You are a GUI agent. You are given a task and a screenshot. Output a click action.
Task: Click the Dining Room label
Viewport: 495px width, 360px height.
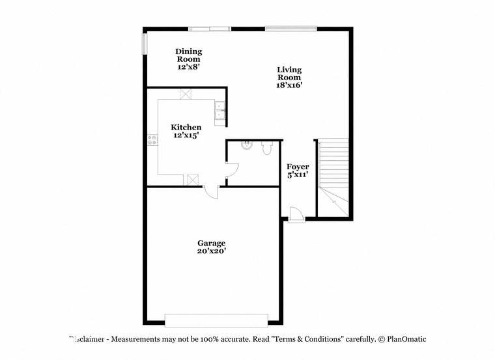pos(188,55)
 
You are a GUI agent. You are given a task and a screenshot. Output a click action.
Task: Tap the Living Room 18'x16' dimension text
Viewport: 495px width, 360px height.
pos(289,85)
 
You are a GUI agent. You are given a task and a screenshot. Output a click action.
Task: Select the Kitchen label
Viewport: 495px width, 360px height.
pos(186,127)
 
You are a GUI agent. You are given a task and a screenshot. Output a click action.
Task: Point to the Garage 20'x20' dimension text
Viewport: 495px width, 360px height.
pos(212,251)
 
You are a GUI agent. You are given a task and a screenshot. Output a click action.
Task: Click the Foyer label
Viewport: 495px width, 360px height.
pos(298,167)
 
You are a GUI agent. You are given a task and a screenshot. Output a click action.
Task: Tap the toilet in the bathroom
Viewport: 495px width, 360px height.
pos(267,148)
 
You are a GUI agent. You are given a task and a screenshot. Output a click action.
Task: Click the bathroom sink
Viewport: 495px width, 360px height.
pos(247,145)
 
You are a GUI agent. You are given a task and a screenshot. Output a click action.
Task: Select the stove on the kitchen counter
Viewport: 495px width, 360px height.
pos(152,140)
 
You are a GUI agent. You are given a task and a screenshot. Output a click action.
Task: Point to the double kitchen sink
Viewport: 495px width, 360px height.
pos(219,113)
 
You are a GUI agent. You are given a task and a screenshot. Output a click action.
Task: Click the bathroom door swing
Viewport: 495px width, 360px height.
pos(232,170)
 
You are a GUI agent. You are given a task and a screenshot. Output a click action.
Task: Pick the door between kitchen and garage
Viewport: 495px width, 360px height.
pos(211,192)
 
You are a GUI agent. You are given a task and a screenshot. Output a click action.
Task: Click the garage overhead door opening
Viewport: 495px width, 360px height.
pos(216,320)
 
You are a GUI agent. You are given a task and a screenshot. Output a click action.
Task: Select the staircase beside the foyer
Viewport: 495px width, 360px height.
pos(333,178)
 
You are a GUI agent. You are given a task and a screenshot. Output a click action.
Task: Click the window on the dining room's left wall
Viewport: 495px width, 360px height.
pos(145,44)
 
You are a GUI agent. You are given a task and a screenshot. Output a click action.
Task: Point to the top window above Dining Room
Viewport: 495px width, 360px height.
pos(210,29)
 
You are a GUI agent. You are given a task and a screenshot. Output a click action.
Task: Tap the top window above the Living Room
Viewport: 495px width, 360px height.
pos(290,29)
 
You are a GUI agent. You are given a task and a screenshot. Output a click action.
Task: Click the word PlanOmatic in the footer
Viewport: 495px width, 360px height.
pos(406,339)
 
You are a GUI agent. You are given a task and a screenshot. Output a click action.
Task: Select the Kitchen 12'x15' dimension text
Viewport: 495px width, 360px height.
pos(186,135)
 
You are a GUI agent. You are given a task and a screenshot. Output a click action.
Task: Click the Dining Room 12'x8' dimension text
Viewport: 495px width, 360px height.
pos(188,66)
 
